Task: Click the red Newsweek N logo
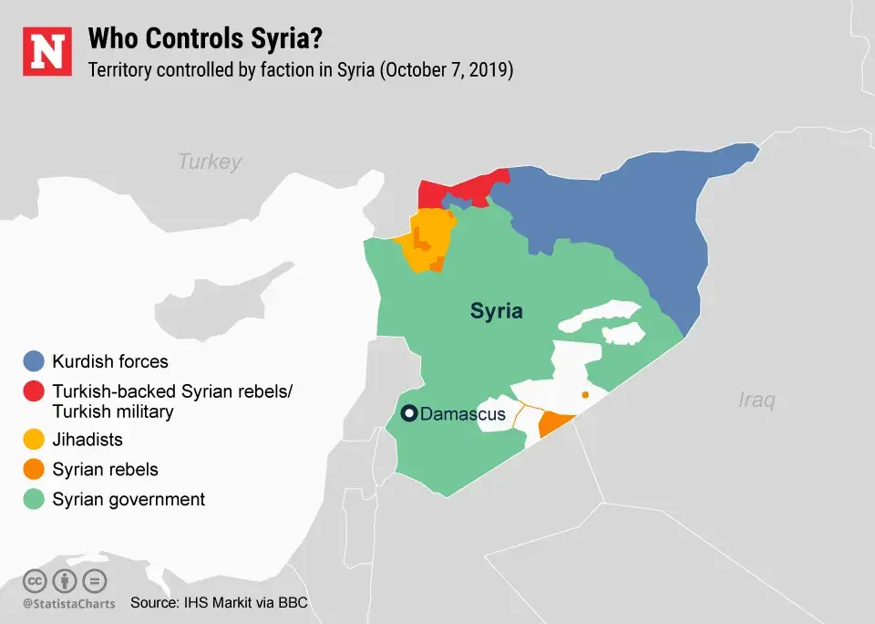point(46,52)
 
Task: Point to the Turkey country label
point(210,161)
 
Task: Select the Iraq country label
point(756,400)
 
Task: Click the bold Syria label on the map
point(497,311)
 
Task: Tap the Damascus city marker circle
point(410,414)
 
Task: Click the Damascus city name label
point(462,415)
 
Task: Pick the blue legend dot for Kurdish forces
point(35,361)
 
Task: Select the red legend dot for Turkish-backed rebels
point(35,391)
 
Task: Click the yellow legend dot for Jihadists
point(35,440)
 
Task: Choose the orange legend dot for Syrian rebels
point(35,470)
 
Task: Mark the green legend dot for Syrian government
point(35,499)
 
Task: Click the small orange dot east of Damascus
point(585,395)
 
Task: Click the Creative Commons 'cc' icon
point(35,580)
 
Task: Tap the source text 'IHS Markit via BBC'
point(256,603)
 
